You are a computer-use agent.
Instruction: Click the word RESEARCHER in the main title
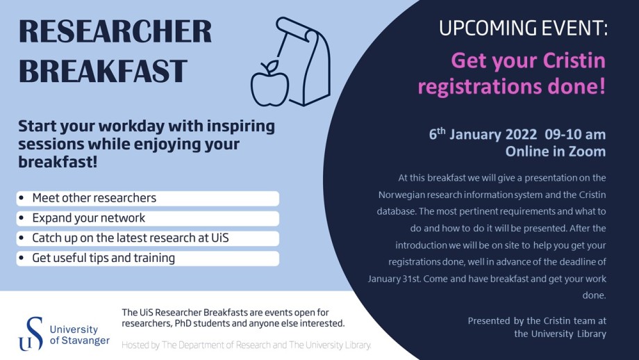(115, 31)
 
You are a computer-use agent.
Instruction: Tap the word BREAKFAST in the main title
(103, 71)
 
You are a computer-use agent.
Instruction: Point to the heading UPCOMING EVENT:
(523, 28)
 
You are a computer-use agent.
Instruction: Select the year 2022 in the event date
(521, 134)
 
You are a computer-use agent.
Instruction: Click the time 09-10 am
(575, 134)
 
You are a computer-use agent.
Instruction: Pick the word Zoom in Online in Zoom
(587, 152)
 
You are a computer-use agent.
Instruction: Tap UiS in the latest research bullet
(220, 238)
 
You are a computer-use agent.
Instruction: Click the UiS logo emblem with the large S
(31, 334)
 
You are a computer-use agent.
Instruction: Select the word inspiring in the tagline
(241, 126)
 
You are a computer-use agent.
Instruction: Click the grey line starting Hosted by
(247, 345)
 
